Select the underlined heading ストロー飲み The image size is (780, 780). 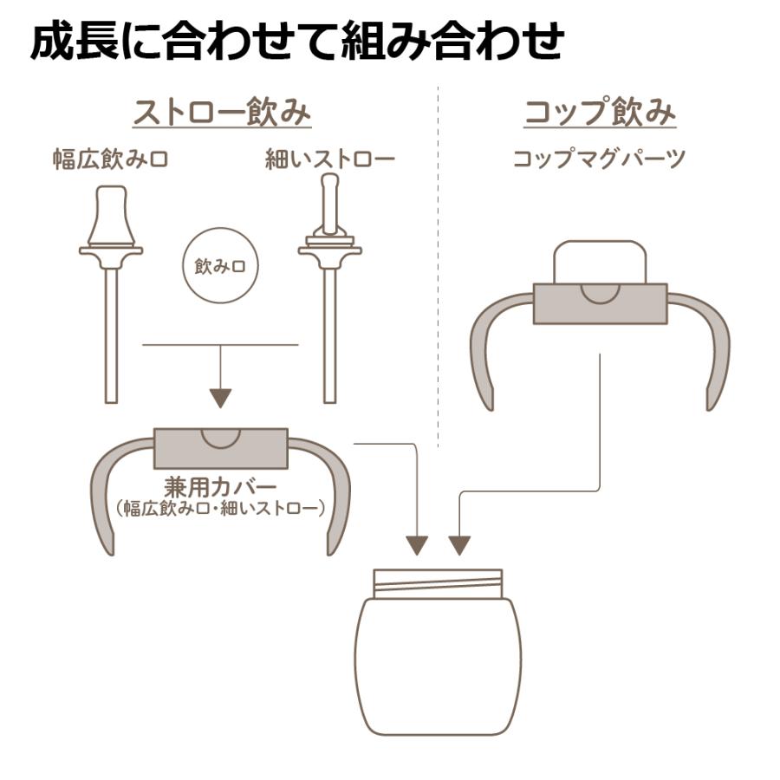tap(221, 113)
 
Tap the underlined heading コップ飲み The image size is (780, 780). tap(600, 113)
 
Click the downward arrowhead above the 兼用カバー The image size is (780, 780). tap(221, 398)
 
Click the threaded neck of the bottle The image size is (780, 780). tap(438, 582)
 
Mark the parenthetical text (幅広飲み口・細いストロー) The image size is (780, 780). tap(221, 506)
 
